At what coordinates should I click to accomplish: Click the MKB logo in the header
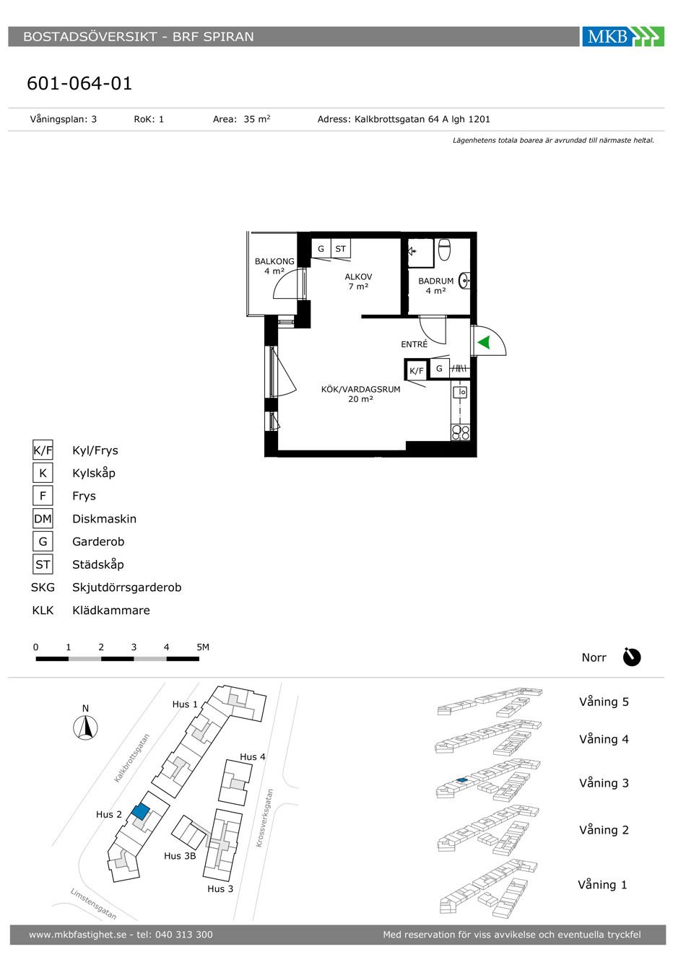point(622,36)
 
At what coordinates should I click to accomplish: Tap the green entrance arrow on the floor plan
point(484,342)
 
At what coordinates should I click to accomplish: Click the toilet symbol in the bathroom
point(444,250)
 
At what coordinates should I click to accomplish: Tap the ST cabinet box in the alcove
point(341,248)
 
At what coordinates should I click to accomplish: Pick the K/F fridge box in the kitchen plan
point(416,370)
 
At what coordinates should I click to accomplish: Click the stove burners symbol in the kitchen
point(460,432)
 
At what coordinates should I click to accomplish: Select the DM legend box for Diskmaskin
point(43,518)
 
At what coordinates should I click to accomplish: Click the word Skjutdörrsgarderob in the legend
point(126,587)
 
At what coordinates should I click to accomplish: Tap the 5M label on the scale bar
point(203,647)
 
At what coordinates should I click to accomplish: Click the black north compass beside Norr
point(632,657)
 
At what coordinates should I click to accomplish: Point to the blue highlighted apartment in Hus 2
point(140,811)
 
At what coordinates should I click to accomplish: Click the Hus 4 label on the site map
point(253,756)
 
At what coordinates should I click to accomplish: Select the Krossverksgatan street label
point(264,817)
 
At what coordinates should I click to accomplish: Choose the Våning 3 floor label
point(604,783)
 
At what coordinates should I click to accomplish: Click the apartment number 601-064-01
point(79,83)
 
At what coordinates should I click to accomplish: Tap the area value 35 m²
point(257,119)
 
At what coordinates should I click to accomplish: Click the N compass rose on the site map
point(85,727)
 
